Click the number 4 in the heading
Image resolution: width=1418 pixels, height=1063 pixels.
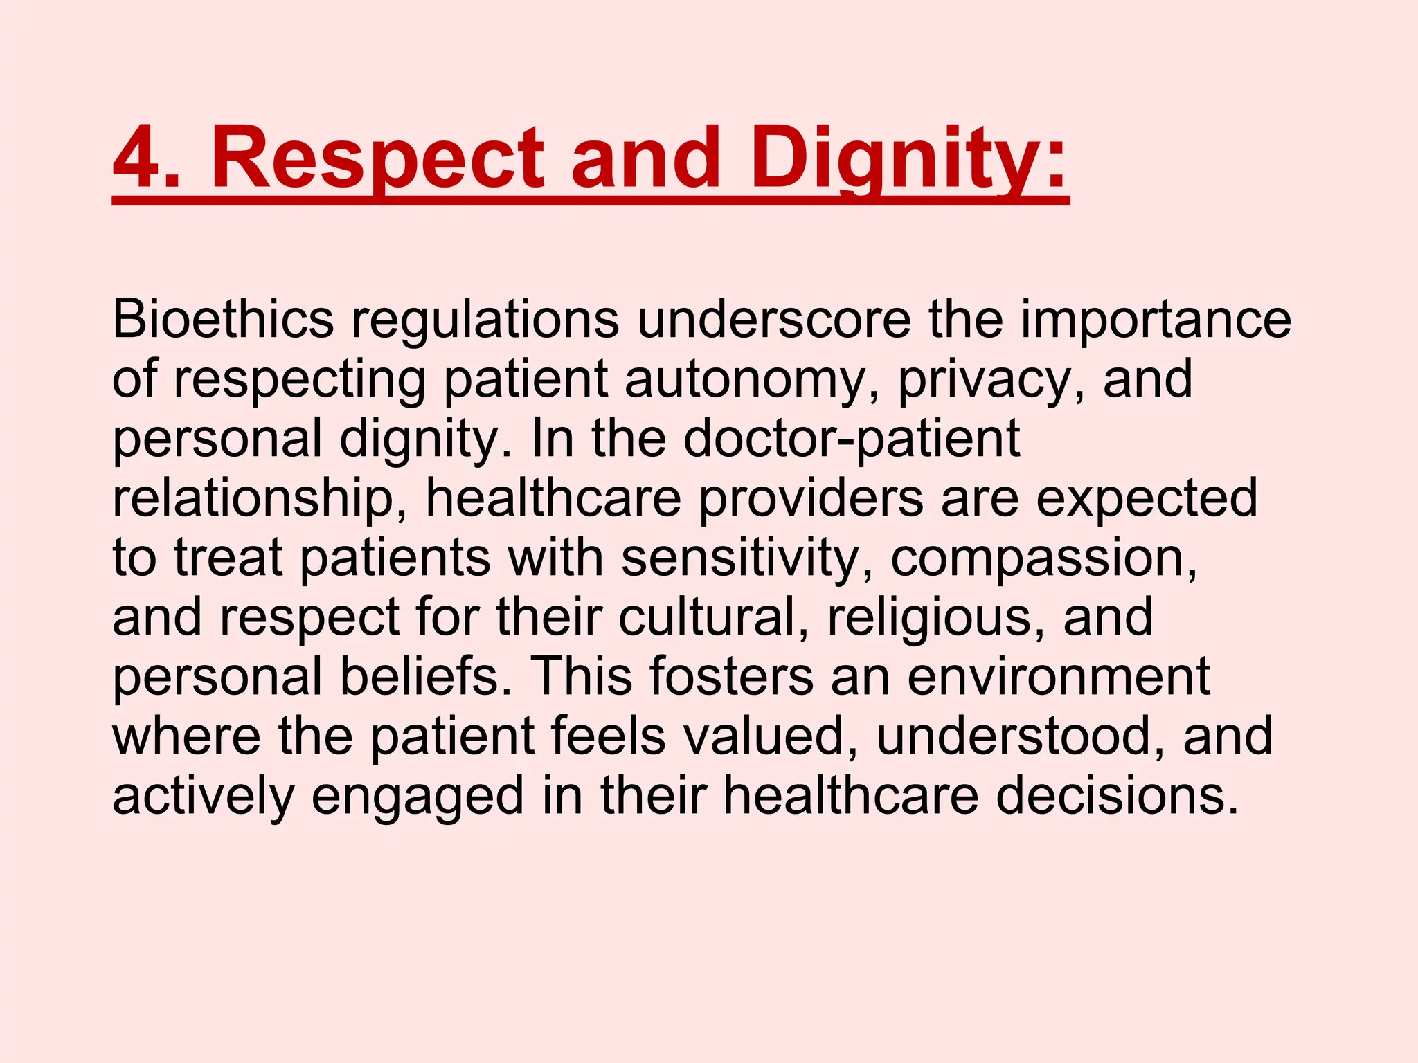click(x=138, y=158)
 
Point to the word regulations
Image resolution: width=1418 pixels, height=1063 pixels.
click(x=485, y=320)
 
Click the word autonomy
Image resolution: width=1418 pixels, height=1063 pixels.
click(x=752, y=380)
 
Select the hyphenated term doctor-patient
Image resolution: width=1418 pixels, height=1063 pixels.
click(x=852, y=439)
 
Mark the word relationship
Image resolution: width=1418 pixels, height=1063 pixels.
click(x=260, y=499)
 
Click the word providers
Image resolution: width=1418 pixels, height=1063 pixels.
click(x=810, y=499)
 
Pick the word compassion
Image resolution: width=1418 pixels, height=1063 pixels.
click(x=1043, y=558)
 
